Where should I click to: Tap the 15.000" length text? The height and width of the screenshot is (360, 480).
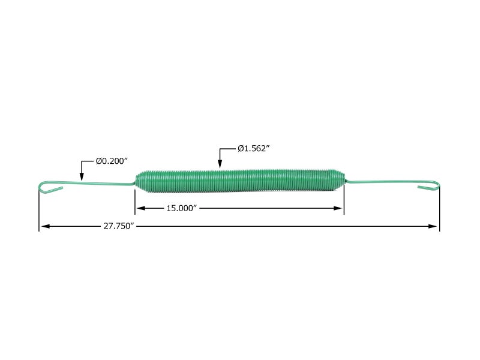[182, 208]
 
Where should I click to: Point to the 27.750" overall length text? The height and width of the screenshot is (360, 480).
[118, 226]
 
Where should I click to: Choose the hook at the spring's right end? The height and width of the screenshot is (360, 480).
[430, 187]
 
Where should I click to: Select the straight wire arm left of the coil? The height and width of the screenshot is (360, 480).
[96, 183]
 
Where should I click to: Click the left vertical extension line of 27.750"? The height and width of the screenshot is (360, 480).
[39, 210]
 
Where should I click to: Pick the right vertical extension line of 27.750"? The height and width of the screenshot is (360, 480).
[439, 210]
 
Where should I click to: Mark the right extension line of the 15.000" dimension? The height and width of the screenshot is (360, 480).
[343, 201]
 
